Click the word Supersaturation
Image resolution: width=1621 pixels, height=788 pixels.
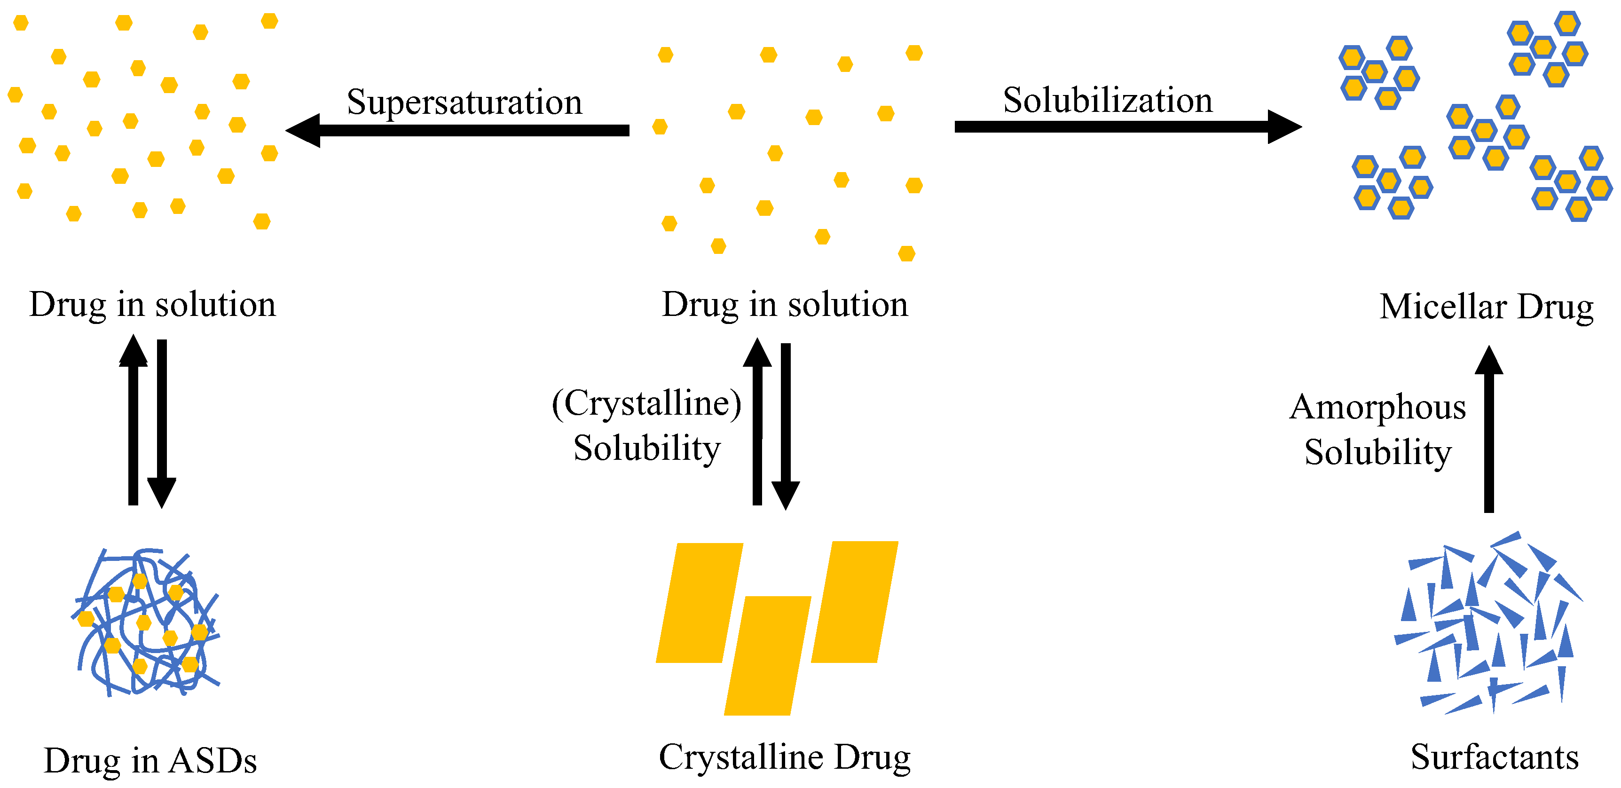464,102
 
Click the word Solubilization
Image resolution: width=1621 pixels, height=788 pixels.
1108,101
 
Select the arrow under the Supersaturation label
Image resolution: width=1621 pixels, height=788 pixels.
457,130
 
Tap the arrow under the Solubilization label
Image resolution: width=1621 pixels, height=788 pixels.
1127,126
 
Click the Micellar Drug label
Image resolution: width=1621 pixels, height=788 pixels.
1487,307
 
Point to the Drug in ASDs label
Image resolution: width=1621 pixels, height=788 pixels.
150,761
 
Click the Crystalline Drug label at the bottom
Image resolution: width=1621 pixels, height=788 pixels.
785,757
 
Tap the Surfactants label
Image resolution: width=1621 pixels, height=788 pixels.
1495,757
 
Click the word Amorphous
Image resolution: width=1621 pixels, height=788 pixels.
1378,407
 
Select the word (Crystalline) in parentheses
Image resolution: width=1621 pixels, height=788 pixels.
647,403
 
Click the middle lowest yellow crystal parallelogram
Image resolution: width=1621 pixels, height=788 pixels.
768,655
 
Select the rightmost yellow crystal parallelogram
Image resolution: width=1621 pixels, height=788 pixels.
855,602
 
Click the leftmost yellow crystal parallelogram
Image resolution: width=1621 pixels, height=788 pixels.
699,603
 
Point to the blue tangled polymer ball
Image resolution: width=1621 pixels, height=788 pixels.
147,623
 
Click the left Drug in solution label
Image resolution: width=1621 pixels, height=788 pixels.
153,305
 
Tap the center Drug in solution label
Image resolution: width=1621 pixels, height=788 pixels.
785,305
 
